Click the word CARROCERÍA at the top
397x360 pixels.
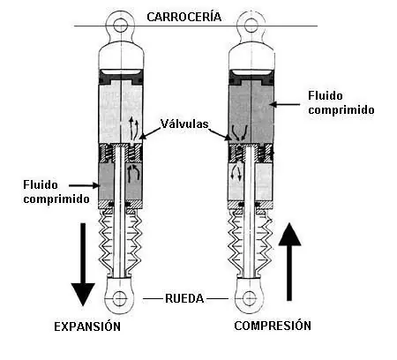[x=184, y=17]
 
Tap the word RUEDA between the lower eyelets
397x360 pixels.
[x=184, y=298]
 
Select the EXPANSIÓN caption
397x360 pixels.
[x=87, y=326]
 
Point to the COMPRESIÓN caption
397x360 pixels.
[x=273, y=326]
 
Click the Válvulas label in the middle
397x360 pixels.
[x=184, y=124]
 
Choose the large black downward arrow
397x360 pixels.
[x=83, y=265]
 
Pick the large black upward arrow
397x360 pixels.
[x=289, y=262]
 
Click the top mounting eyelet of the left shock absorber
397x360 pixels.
[x=121, y=25]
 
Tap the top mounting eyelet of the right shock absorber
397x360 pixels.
[x=251, y=25]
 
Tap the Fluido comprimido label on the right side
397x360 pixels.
[x=341, y=102]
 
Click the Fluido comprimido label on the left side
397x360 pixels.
[x=56, y=191]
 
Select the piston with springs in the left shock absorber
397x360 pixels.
[x=120, y=154]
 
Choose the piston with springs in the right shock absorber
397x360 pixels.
[x=251, y=154]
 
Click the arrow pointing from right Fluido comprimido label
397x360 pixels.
[x=285, y=104]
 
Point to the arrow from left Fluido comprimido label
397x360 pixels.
[x=85, y=185]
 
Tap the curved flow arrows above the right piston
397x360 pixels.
[x=239, y=133]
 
